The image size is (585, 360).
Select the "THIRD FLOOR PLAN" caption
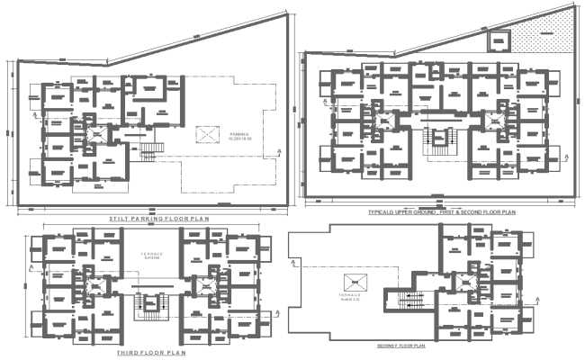pos(151,354)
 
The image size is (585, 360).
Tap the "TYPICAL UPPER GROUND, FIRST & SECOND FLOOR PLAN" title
pos(441,212)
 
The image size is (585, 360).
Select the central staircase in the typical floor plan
pos(440,138)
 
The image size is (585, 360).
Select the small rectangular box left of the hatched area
pos(498,40)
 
